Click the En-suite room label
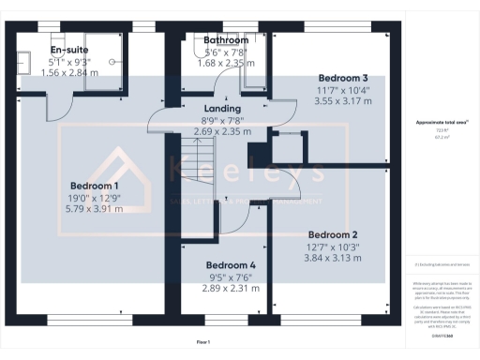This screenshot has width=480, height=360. pos(68,49)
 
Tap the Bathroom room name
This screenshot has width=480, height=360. pos(226,41)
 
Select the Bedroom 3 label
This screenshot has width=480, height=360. pos(343,77)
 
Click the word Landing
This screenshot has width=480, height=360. pos(223,109)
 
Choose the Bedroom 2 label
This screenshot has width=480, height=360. pos(334,234)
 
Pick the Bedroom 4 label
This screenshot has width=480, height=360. pos(231,265)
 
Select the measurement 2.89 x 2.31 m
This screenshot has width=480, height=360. pos(231,289)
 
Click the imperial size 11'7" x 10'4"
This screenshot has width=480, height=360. pos(343,89)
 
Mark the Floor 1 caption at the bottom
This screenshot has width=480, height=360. pos(203,341)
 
